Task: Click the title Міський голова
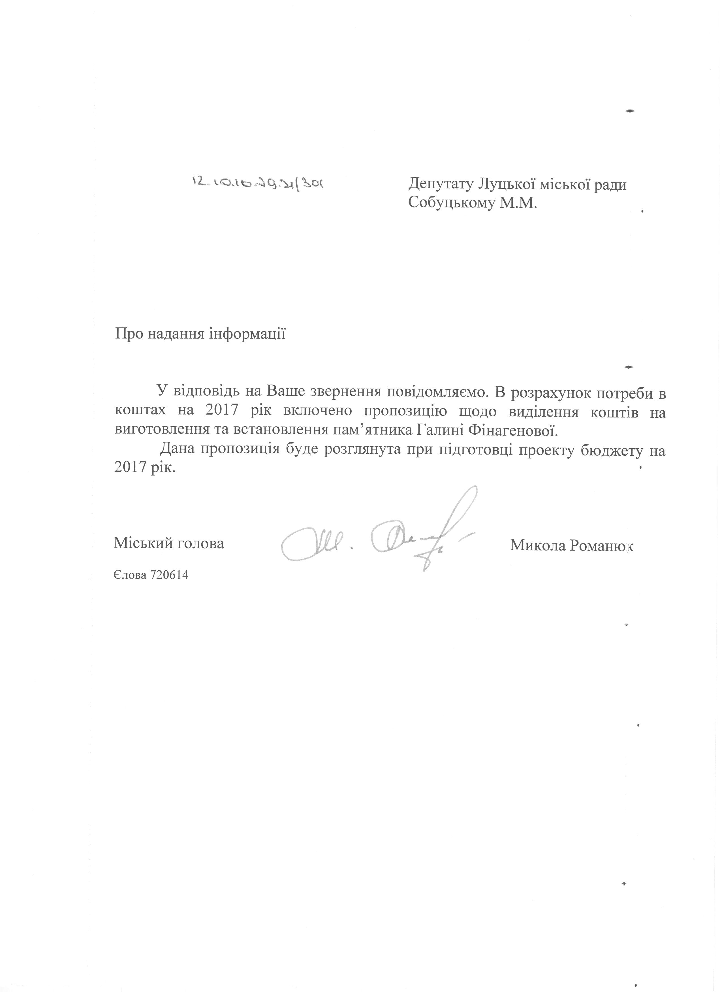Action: click(x=169, y=544)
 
